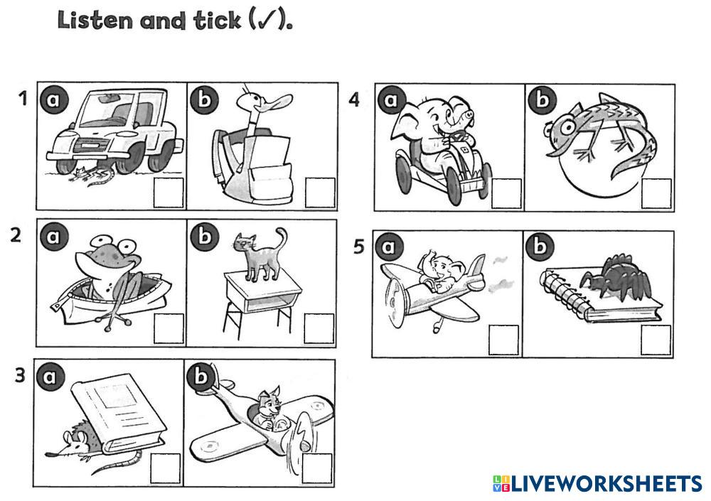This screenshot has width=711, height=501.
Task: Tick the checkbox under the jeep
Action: point(169,193)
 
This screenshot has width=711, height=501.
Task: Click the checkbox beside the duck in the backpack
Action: point(320,193)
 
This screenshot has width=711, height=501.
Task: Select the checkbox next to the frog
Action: point(169,328)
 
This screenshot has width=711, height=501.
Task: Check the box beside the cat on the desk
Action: point(319,328)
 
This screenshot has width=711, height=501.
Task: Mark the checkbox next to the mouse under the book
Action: point(166,468)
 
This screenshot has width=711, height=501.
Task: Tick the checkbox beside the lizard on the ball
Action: point(656,193)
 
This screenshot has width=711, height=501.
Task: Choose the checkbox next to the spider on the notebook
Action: point(656,340)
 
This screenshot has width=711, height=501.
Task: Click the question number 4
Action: point(354,100)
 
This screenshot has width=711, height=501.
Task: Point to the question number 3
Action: point(20,375)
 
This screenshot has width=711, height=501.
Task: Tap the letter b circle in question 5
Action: point(540,246)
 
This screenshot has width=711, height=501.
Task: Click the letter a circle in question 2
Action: point(53,236)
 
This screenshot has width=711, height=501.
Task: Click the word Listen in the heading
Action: point(95,21)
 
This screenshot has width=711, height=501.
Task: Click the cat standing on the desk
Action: point(260,254)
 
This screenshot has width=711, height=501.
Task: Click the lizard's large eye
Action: point(567,127)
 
